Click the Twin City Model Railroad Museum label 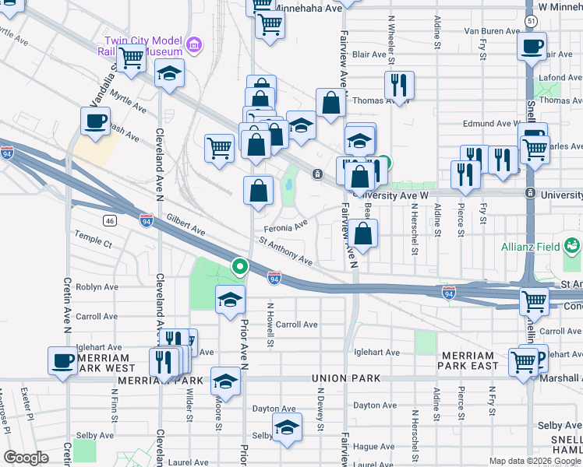point(148,45)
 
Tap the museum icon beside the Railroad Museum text point(195,44)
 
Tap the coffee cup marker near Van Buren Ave point(532,46)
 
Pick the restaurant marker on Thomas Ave point(398,84)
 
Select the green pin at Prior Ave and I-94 point(239,268)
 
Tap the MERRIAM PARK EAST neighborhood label point(468,360)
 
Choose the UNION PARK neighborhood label point(346,378)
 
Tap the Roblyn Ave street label point(96,286)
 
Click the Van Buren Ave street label point(492,31)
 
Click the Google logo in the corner point(26,458)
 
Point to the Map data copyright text point(533,461)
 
